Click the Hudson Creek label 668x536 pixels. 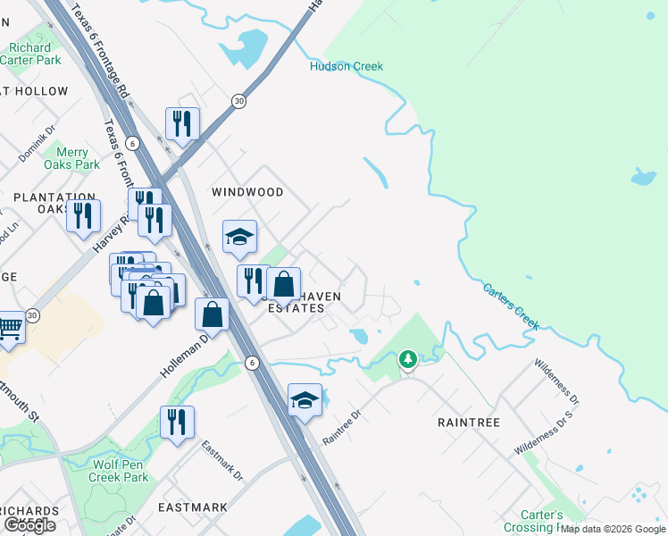click(x=346, y=66)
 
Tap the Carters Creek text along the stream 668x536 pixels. click(x=511, y=306)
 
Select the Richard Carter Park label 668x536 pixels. click(x=29, y=54)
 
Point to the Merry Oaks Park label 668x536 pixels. click(x=74, y=158)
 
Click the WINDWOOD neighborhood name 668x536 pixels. click(x=247, y=192)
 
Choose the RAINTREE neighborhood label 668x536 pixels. click(x=468, y=421)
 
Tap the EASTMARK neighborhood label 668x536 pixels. click(x=192, y=507)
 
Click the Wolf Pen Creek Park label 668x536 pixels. click(x=118, y=471)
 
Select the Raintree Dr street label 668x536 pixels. click(x=340, y=427)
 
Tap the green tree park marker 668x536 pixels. click(x=408, y=359)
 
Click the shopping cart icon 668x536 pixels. click(x=9, y=328)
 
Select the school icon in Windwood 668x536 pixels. click(x=239, y=237)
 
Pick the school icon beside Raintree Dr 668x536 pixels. click(x=305, y=400)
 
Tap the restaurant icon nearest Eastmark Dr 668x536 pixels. click(x=177, y=422)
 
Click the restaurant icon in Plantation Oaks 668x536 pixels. click(x=83, y=216)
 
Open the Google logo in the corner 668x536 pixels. click(x=30, y=525)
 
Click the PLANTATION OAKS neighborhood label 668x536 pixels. click(x=54, y=203)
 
